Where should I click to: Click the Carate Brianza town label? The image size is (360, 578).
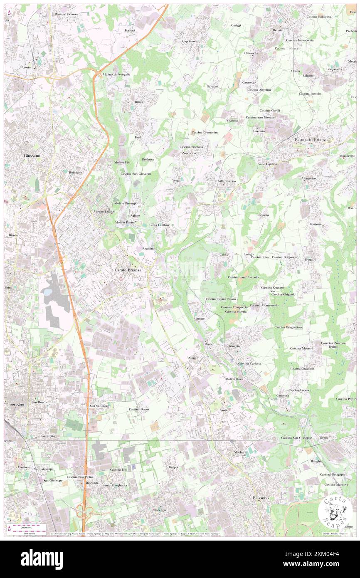click(128, 270)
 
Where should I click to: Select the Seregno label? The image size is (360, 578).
click(16, 404)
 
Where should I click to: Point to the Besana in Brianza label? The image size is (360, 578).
click(311, 140)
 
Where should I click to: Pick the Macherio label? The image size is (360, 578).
click(240, 452)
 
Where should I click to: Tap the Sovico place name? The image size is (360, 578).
click(225, 410)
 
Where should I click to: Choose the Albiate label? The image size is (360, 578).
click(193, 358)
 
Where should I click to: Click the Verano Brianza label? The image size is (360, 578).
click(104, 212)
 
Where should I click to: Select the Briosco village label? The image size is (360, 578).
click(140, 102)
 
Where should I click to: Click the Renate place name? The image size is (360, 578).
click(278, 30)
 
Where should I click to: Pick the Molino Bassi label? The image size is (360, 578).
click(234, 379)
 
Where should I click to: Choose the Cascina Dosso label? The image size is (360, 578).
click(138, 409)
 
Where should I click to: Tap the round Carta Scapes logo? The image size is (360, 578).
click(335, 511)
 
